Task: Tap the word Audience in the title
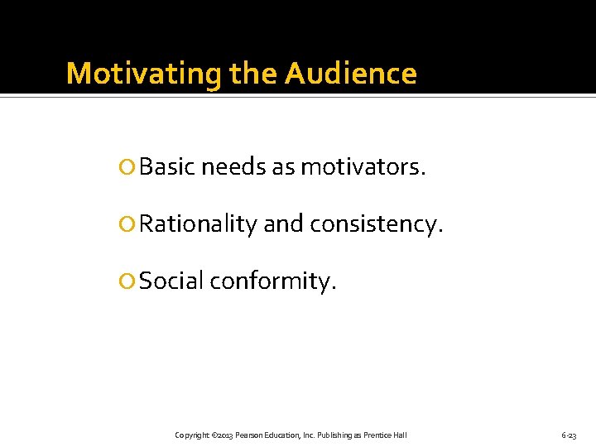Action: [351, 74]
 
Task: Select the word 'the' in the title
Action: [254, 74]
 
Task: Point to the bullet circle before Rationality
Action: [128, 224]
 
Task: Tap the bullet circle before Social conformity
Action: [128, 281]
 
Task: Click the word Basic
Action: [167, 168]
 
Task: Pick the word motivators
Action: [363, 168]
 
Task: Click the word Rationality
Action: [198, 224]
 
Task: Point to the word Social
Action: [171, 281]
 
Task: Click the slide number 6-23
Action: [569, 435]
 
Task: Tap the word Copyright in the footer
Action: [191, 435]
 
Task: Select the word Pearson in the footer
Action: [249, 435]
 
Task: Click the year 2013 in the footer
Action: [224, 435]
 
